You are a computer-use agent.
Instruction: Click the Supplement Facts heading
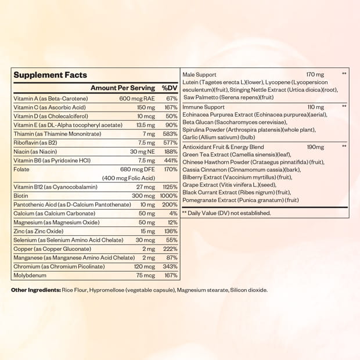[x=50, y=75]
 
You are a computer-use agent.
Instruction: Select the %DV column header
[x=170, y=88]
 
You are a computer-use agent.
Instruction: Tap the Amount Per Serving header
[x=123, y=88]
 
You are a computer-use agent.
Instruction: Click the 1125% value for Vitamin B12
[x=169, y=187]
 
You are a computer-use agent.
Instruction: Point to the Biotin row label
[x=21, y=196]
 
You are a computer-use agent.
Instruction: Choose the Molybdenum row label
[x=30, y=275]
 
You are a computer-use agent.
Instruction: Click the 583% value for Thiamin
[x=170, y=134]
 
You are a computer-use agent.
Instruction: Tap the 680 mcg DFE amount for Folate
[x=137, y=169]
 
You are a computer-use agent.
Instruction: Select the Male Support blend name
[x=199, y=75]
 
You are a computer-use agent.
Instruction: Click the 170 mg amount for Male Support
[x=315, y=75]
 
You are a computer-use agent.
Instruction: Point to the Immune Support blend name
[x=203, y=107]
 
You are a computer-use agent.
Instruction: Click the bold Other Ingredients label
[x=36, y=290]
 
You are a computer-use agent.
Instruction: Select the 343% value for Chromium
[x=170, y=267]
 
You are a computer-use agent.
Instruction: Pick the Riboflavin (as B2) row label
[x=34, y=142]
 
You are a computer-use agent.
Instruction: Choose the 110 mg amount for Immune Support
[x=315, y=107]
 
